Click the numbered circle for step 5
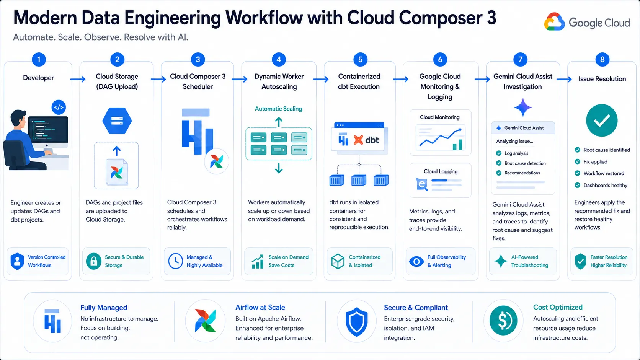[x=360, y=59]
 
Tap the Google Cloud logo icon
[x=554, y=22]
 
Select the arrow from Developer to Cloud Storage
[x=78, y=79]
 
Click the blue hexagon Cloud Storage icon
[x=117, y=121]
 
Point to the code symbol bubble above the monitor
[x=59, y=108]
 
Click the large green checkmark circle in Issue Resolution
[x=602, y=120]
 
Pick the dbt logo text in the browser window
[x=372, y=140]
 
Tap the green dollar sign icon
[x=503, y=320]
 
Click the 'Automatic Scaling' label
[x=278, y=109]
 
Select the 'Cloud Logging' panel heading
[x=441, y=171]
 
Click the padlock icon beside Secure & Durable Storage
[x=94, y=261]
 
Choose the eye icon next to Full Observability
[x=416, y=261]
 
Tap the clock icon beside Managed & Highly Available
[x=175, y=261]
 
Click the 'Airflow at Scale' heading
[x=260, y=307]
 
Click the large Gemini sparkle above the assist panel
[x=523, y=108]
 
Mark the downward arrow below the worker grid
[x=279, y=168]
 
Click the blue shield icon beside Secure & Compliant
[x=356, y=321]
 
